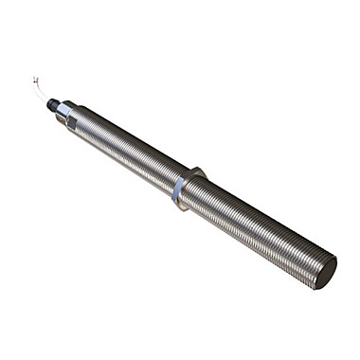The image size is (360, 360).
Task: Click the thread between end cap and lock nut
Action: [x=123, y=149]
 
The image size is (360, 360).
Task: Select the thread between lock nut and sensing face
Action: [x=256, y=228]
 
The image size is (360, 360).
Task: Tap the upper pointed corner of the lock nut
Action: [x=196, y=170]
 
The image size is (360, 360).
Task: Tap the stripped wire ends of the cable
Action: [x=35, y=80]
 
